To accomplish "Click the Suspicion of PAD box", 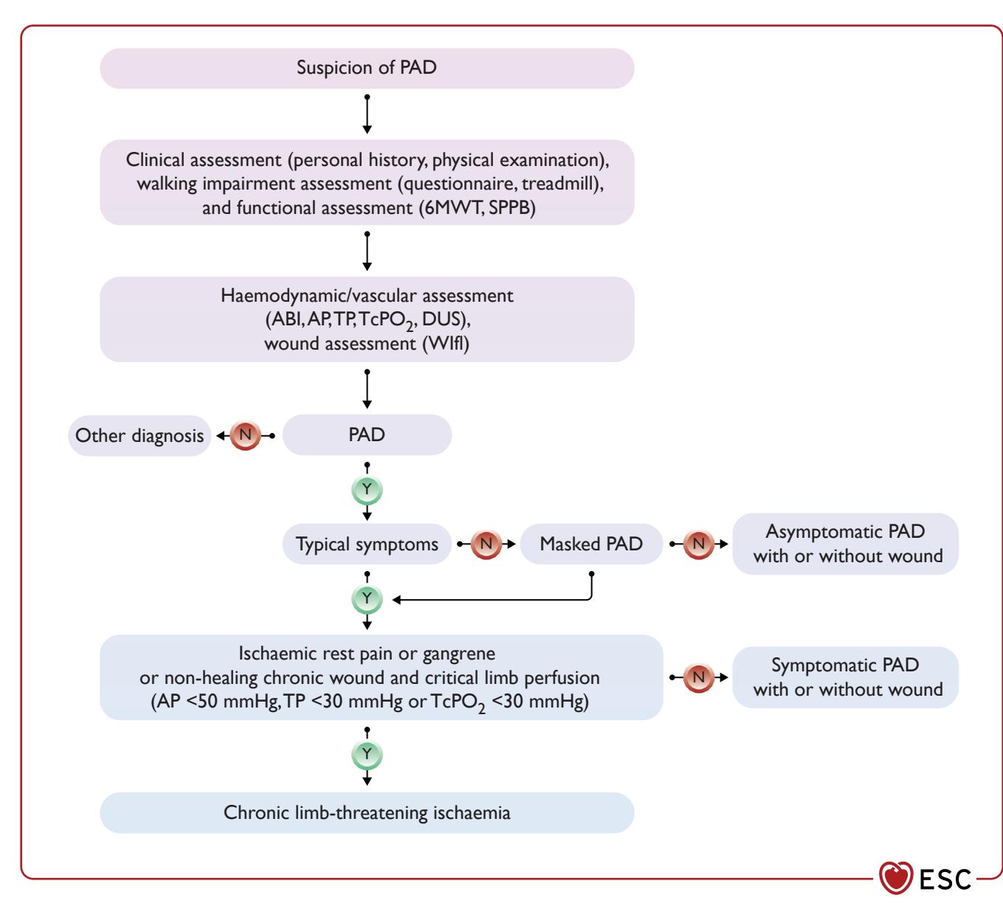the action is (x=367, y=69).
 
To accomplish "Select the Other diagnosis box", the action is (x=139, y=435).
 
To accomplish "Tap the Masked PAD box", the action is (x=591, y=544).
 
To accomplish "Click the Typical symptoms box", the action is (x=367, y=544).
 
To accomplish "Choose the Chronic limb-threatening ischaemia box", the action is (x=367, y=812).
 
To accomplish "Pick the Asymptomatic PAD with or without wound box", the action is (x=846, y=544).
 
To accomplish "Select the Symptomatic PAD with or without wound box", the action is (x=846, y=677).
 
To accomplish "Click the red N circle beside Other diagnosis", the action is (x=245, y=435).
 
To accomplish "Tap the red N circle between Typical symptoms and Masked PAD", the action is (x=486, y=544).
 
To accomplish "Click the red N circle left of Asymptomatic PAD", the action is (x=698, y=544).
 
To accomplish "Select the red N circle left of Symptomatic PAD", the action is (x=698, y=677).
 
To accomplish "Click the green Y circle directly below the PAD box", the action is (x=367, y=489).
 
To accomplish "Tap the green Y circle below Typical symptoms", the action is (x=367, y=599).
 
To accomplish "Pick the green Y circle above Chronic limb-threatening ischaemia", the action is (x=367, y=755).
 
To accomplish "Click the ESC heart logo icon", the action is (x=896, y=877).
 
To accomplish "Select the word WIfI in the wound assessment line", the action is (x=446, y=344).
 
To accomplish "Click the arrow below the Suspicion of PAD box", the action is (x=367, y=114).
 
